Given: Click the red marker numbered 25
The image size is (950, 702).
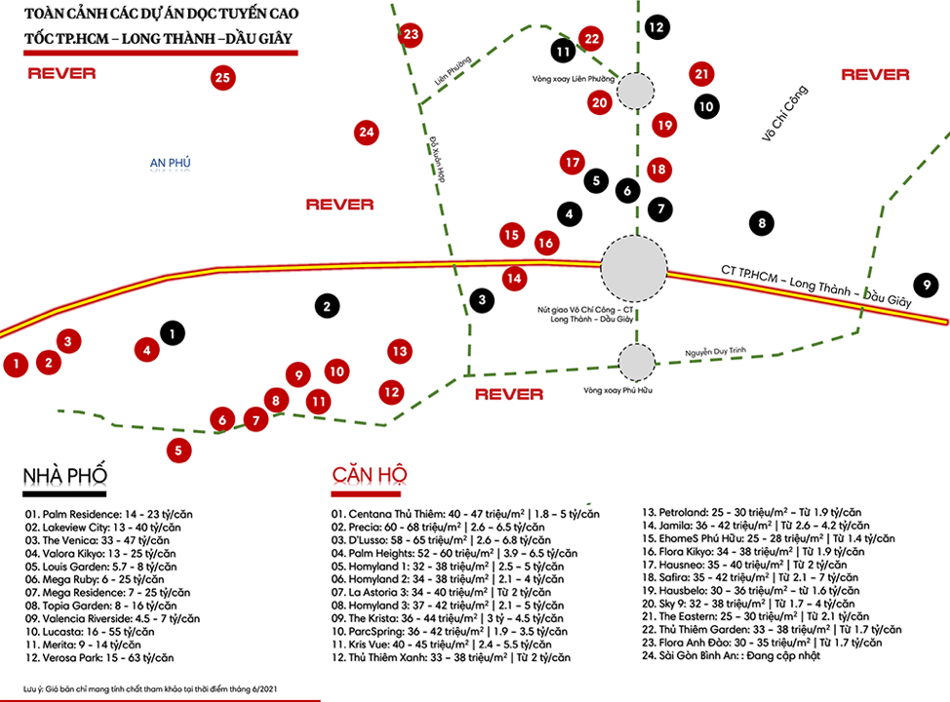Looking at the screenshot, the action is coord(223,78).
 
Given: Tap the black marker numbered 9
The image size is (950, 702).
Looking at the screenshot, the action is coord(927,285).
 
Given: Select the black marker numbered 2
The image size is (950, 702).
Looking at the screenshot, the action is coord(327,306).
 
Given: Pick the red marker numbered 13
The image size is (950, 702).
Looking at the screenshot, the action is coord(400,351).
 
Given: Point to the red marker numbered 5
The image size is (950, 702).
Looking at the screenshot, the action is coord(178,450).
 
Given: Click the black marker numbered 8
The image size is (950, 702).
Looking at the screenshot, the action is coord(762,223).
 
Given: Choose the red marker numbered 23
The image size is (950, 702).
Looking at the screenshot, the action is coord(411,34).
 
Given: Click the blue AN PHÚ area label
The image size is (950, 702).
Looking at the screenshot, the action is coord(171,162).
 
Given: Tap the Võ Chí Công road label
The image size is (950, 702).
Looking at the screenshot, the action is coord(784,113).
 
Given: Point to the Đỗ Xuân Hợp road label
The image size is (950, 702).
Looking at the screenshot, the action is coord(437,159).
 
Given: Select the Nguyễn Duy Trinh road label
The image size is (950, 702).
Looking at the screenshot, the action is coord(716,351).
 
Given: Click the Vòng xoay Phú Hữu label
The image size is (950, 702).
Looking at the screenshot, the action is coord(618,391).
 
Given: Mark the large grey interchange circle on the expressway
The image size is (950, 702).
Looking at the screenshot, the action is coord(634,268).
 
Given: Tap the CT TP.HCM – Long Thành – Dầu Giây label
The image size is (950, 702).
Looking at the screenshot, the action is coord(816,286).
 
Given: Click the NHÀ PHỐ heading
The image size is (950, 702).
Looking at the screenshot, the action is coord(64,476).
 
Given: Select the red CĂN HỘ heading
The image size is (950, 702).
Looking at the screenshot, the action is coord(370,474).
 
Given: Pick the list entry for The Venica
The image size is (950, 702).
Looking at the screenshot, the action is coord(97,540).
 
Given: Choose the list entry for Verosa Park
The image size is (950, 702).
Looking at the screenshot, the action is coord(99,658).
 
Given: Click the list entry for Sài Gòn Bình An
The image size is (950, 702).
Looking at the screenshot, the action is coord(732,655).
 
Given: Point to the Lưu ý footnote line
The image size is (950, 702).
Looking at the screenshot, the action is coord(150,688).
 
